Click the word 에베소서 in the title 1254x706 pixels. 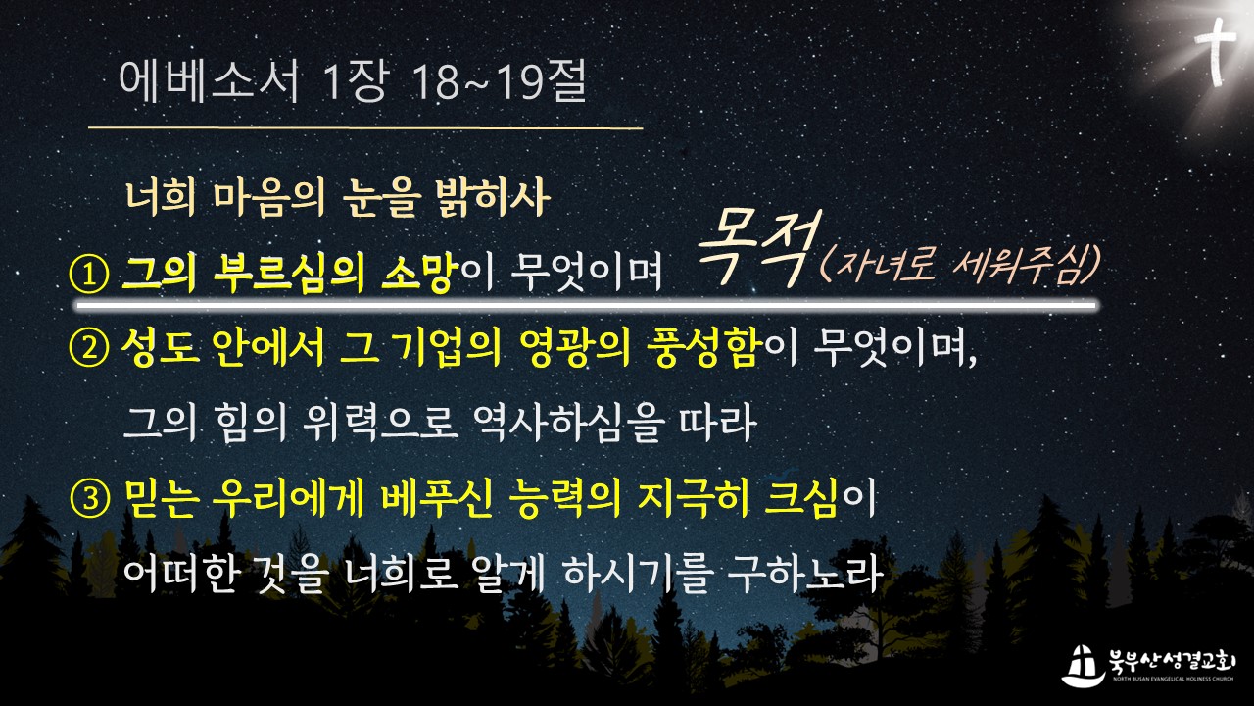tap(210, 81)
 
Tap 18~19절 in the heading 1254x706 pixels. tap(500, 80)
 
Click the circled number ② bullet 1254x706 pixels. tap(88, 348)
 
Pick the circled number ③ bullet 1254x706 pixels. tap(88, 500)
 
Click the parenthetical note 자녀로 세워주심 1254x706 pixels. tap(960, 265)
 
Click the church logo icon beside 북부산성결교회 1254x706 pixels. tap(1084, 666)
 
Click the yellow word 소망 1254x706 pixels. tap(416, 274)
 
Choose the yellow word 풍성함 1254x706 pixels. tap(705, 348)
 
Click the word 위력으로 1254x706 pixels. tap(381, 424)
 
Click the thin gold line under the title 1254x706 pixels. tap(365, 128)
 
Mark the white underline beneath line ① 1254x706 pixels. tap(586, 306)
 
